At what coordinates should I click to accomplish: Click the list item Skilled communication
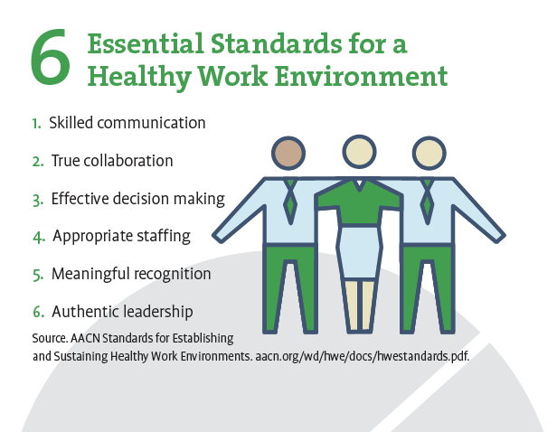(x=127, y=122)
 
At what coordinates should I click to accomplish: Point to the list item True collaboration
(x=111, y=161)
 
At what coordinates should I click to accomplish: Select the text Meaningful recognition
(x=131, y=274)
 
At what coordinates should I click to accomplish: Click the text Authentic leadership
(x=122, y=312)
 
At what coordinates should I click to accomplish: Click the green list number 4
(x=38, y=237)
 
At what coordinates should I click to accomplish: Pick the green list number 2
(x=37, y=162)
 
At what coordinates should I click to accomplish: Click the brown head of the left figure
(x=289, y=153)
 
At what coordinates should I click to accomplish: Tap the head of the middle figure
(x=359, y=151)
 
